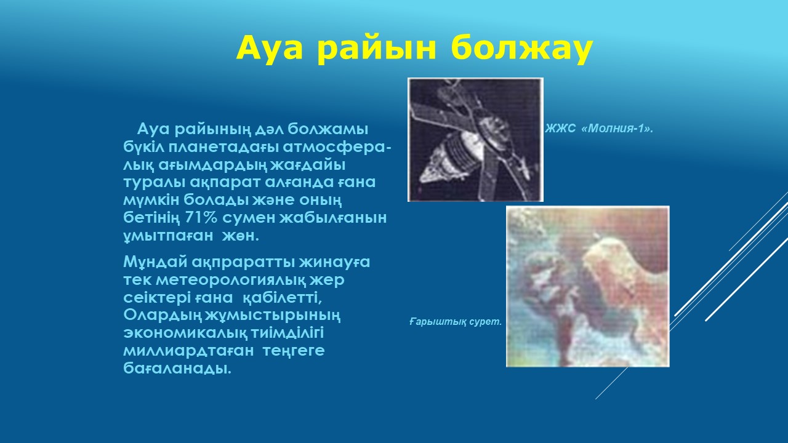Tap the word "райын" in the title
(376, 49)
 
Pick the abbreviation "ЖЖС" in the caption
(560, 129)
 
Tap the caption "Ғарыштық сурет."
(456, 321)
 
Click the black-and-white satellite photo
(476, 140)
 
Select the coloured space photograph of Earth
(587, 286)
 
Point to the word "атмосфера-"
(337, 147)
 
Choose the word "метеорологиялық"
(231, 281)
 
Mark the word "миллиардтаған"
(188, 351)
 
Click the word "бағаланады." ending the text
(177, 369)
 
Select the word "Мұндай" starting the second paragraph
(156, 262)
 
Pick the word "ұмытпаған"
(168, 236)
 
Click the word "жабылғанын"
(333, 218)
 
